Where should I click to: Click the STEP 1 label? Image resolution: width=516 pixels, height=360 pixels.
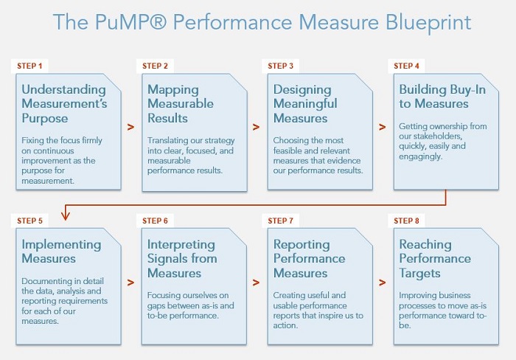pyautogui.click(x=29, y=66)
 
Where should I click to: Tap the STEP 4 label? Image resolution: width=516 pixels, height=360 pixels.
pyautogui.click(x=406, y=66)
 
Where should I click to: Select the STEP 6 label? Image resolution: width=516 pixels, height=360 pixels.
pyautogui.click(x=155, y=221)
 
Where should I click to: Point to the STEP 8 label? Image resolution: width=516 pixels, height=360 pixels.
pyautogui.click(x=406, y=221)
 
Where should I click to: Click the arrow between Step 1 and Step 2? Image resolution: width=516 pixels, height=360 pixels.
pyautogui.click(x=130, y=127)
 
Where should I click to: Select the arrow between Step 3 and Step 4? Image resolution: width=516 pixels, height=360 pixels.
pyautogui.click(x=382, y=127)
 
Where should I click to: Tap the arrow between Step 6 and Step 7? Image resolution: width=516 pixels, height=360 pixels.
pyautogui.click(x=256, y=283)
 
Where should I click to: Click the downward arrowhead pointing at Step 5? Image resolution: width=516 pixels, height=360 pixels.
pyautogui.click(x=66, y=216)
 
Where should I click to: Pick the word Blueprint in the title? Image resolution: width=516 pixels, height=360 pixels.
pyautogui.click(x=428, y=23)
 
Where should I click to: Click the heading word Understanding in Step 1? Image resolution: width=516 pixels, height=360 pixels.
pyautogui.click(x=64, y=89)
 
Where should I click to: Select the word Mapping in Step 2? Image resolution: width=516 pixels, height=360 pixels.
pyautogui.click(x=173, y=90)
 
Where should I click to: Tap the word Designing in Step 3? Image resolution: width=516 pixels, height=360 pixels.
pyautogui.click(x=302, y=90)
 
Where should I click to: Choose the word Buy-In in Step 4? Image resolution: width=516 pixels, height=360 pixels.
pyautogui.click(x=467, y=89)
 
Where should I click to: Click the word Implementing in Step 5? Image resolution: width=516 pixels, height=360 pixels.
pyautogui.click(x=61, y=245)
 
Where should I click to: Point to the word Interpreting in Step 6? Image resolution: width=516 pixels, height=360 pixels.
pyautogui.click(x=181, y=245)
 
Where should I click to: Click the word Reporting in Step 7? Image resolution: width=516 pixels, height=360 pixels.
pyautogui.click(x=301, y=245)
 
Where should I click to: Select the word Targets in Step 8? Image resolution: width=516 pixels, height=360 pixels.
pyautogui.click(x=420, y=274)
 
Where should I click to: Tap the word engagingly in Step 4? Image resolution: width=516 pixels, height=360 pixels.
pyautogui.click(x=421, y=156)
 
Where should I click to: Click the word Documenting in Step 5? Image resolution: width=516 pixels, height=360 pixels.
pyautogui.click(x=46, y=281)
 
